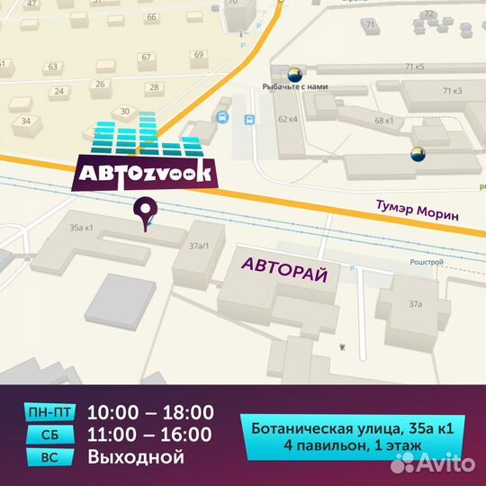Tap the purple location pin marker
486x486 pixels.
click(143, 213)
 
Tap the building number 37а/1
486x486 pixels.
click(198, 245)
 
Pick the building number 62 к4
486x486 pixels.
click(288, 119)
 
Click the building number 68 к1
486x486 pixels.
click(384, 120)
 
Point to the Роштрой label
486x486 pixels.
click(427, 262)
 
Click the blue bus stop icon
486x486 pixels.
click(222, 117)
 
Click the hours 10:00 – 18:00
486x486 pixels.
click(150, 413)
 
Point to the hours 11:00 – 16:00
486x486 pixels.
click(150, 436)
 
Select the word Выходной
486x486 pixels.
click(135, 457)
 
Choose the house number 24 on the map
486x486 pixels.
click(58, 91)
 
